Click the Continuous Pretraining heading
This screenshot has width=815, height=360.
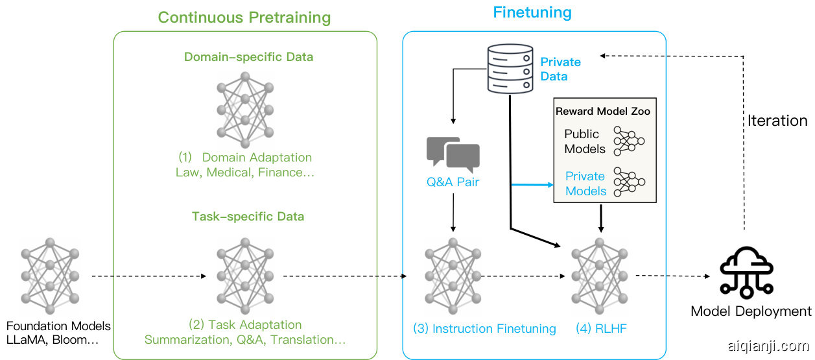click(244, 18)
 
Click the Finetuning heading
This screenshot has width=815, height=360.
click(532, 12)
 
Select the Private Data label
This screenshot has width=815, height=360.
click(560, 69)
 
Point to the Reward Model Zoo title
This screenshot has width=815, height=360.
click(602, 112)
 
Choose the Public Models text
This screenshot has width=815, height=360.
click(584, 141)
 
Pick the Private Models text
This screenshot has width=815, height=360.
click(585, 184)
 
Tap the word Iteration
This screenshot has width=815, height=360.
click(777, 121)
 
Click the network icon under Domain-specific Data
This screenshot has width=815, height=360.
click(244, 109)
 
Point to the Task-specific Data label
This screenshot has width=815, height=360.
click(248, 216)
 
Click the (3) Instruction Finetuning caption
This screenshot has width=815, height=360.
click(484, 329)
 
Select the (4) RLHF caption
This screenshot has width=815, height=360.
click(601, 329)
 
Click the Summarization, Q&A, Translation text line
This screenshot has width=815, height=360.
click(245, 340)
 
